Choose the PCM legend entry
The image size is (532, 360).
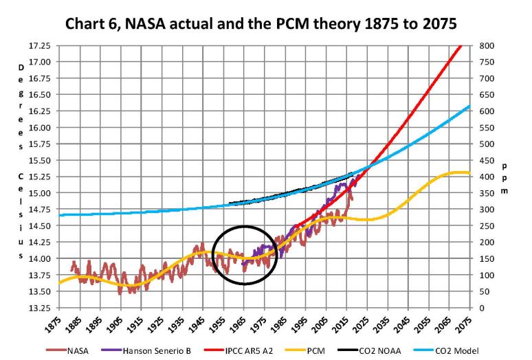316,351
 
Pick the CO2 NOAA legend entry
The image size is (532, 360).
378,351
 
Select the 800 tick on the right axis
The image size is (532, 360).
487,45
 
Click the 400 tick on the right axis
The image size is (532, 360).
487,177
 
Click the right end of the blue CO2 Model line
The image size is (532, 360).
470,106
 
